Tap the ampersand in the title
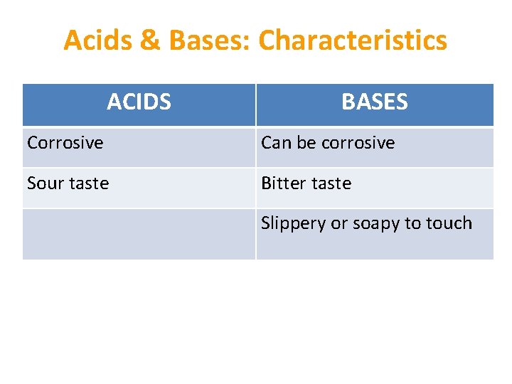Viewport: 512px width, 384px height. pos(150,41)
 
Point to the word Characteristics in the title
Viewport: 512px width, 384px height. pos(353,41)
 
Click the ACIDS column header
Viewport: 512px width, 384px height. pos(139,102)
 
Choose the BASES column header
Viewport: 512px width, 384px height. pos(374,102)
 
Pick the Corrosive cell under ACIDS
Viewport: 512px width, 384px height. pos(65,143)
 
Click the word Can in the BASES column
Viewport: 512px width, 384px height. pos(276,143)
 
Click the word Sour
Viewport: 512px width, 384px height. pos(46,183)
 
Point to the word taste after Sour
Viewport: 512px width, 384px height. pos(89,183)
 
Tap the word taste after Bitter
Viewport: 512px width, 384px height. pos(331,183)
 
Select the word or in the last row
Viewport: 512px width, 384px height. pos(338,223)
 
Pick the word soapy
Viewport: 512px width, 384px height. pos(375,223)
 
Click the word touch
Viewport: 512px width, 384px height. pos(449,223)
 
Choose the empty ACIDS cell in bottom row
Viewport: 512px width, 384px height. pos(139,234)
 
